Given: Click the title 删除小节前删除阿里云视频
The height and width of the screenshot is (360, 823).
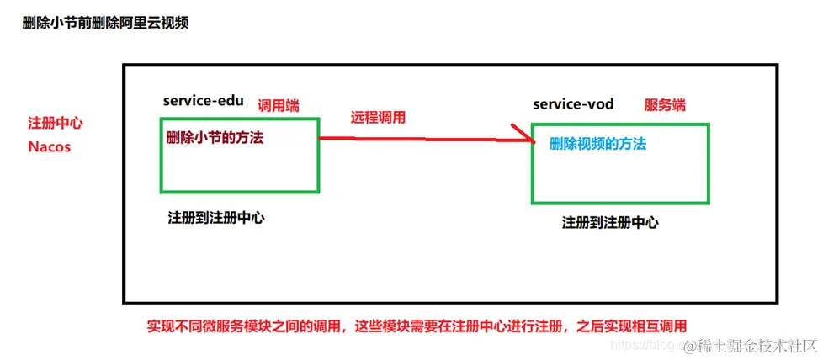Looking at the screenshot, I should pos(105,23).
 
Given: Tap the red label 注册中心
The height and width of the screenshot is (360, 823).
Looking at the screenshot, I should pos(56,123).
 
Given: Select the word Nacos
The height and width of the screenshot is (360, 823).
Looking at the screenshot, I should pos(49,146).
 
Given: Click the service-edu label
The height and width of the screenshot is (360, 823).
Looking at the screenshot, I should pos(204,101).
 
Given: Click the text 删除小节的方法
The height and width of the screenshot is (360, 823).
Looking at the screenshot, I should pos(215,138).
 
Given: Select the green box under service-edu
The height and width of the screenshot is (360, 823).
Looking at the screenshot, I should pos(239,172).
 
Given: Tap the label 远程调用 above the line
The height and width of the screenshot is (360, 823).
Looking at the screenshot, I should pos(378,118).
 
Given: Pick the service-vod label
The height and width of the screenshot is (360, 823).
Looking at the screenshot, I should pos(573,104).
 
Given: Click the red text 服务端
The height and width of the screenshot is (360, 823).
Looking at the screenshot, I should pos(665,105).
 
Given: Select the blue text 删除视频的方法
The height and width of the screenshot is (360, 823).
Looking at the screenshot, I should pos(597,144).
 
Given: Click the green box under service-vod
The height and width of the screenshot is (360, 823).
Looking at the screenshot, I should pos(619,181).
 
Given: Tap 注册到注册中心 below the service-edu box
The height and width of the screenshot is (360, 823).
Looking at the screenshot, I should pos(216,218).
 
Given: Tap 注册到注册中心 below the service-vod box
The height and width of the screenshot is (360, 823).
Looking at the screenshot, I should pos(610,223).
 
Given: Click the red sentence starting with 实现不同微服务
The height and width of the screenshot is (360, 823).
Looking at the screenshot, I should pos(417,326).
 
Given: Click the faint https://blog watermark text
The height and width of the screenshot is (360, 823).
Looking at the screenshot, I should pos(644,346).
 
